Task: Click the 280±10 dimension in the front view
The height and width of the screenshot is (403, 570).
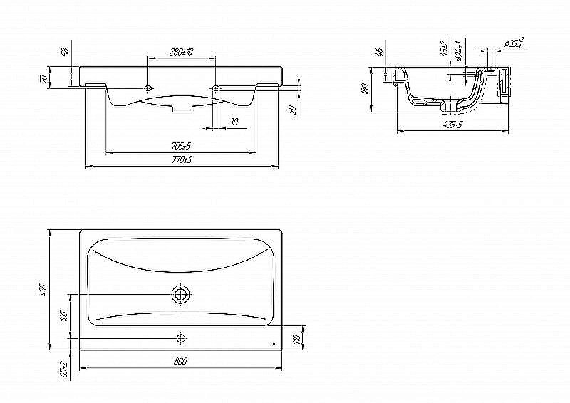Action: tap(182, 52)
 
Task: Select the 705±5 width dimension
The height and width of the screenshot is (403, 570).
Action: tap(180, 146)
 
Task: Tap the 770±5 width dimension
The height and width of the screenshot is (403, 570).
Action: tap(182, 160)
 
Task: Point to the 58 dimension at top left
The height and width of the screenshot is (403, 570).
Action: tap(64, 51)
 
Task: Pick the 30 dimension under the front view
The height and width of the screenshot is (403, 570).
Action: tap(233, 122)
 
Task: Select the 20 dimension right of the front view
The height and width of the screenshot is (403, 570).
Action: tap(292, 109)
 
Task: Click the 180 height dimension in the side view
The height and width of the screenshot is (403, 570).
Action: tap(365, 89)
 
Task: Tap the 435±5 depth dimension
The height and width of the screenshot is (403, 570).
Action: tap(452, 125)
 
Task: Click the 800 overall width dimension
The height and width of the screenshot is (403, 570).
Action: tap(180, 362)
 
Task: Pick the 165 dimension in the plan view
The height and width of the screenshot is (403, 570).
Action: tap(64, 315)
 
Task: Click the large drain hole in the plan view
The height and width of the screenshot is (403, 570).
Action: tap(181, 293)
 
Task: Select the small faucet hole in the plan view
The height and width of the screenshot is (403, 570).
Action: tap(181, 337)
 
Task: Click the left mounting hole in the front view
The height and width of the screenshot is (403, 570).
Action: tap(147, 88)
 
